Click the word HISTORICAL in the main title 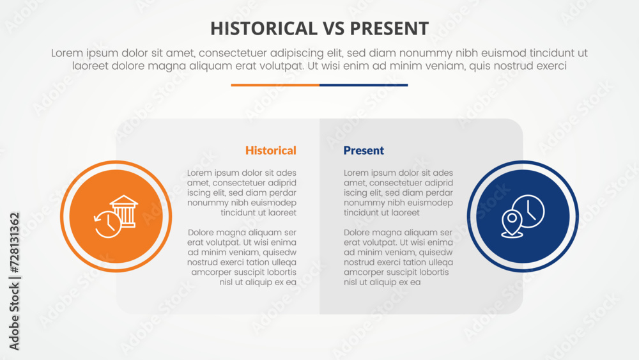click(264, 29)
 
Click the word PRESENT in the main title click(389, 29)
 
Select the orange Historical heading click(270, 150)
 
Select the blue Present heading click(364, 150)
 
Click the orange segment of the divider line click(275, 85)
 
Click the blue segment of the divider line click(364, 85)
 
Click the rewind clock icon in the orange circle click(107, 224)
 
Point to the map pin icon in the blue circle click(512, 223)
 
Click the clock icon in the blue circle click(528, 211)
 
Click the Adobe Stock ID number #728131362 click(14, 243)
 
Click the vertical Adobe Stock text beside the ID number click(14, 317)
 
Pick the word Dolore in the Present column click(358, 232)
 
